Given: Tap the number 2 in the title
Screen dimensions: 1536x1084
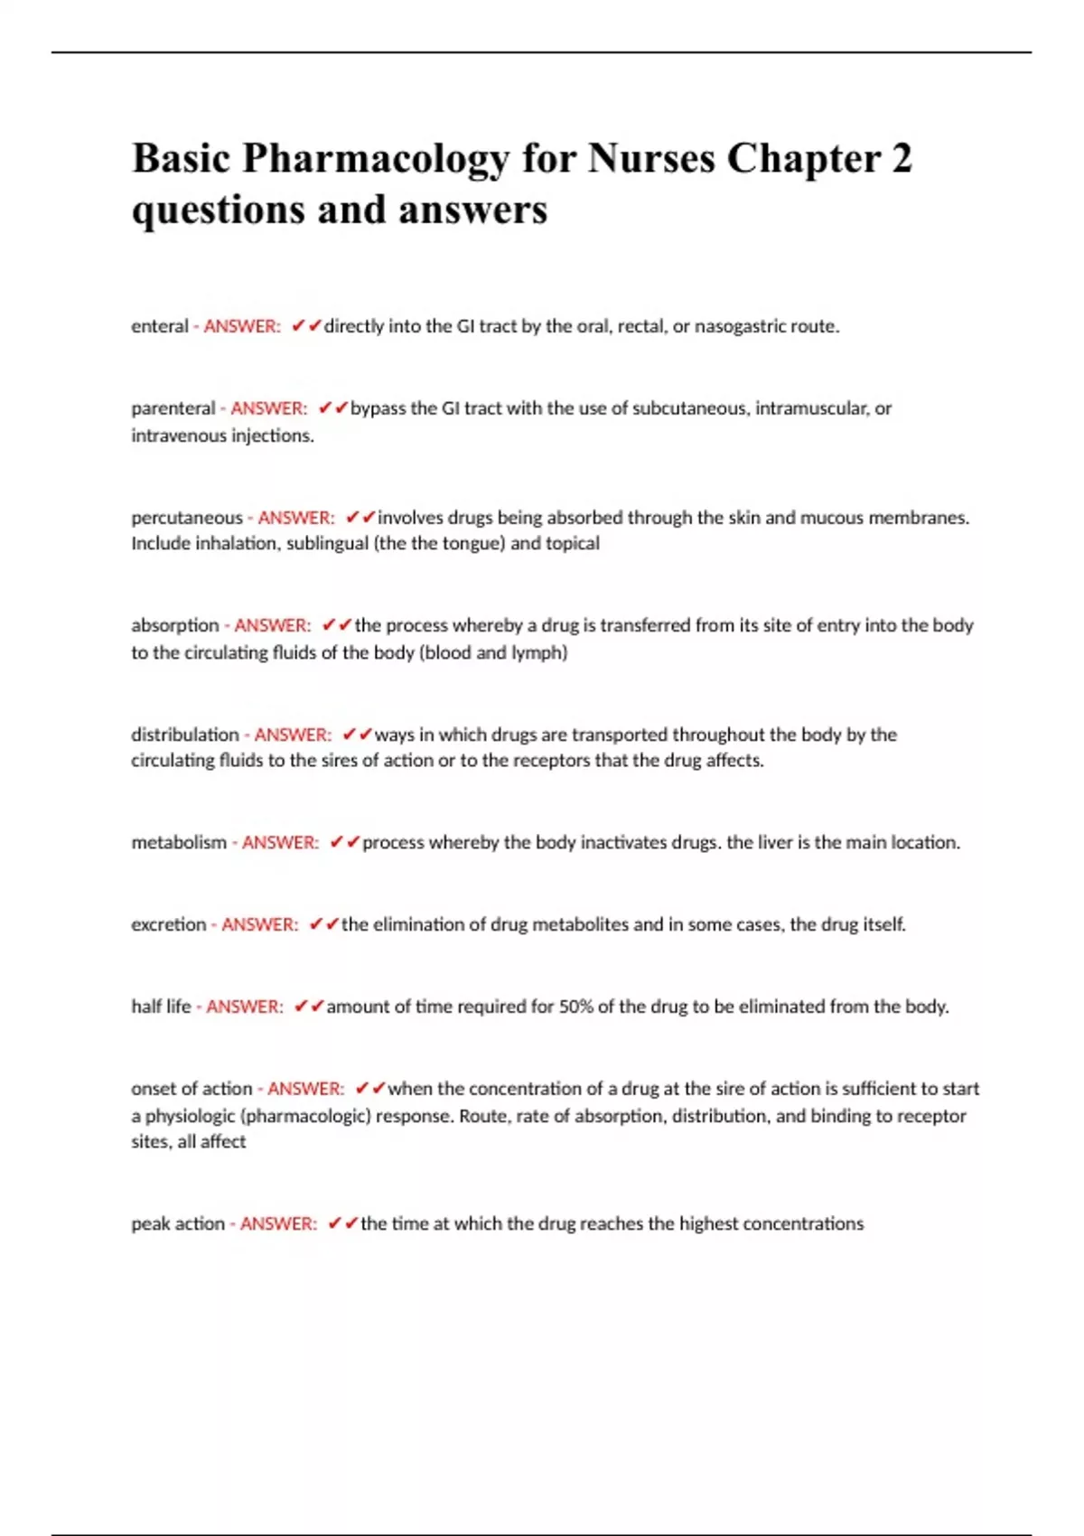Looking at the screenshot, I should pos(902,159).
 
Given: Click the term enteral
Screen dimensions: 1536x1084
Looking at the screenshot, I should pos(160,326).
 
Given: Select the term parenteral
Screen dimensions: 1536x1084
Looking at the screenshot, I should pos(173,408).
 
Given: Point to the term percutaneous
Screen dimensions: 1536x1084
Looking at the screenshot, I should pos(187,518).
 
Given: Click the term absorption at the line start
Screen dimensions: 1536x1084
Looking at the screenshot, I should pos(175,625).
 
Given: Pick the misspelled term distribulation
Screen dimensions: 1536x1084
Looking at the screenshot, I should pos(185,735).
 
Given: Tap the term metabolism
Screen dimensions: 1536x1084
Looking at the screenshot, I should pos(179,842).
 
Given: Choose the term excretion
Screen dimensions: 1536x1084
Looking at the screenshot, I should pos(169,924).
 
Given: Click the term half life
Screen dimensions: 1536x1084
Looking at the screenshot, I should pos(162,1007).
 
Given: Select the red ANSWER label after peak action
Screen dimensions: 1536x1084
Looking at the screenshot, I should pos(278,1223).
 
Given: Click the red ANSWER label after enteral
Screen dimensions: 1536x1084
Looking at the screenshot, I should pos(242,326).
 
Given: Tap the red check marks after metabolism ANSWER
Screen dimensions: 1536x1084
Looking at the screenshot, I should pos(344,842).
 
